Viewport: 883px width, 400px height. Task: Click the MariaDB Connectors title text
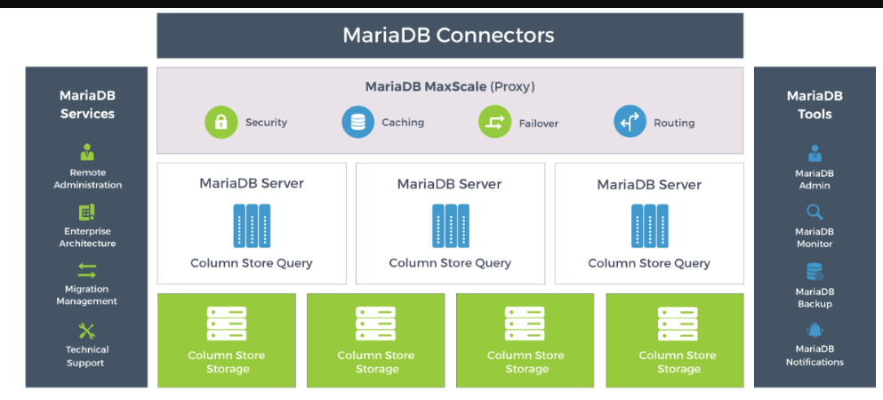(x=449, y=36)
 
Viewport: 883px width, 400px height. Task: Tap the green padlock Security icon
(x=221, y=122)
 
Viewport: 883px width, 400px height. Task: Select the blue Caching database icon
(x=357, y=122)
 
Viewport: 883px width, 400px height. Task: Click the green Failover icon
(x=494, y=122)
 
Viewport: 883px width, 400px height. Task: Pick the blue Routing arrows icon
(x=630, y=122)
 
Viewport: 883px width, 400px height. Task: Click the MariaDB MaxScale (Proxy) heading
(x=449, y=86)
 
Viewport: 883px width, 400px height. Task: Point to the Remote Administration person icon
(x=87, y=152)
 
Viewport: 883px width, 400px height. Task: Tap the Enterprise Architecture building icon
(x=87, y=212)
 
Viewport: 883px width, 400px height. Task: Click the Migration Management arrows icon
(x=87, y=270)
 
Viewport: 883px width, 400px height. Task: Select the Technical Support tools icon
(x=87, y=332)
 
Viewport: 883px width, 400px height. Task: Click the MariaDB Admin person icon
(x=815, y=154)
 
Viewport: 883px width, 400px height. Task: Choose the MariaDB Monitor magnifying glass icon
(x=815, y=212)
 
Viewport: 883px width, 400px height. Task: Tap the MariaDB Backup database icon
(x=815, y=271)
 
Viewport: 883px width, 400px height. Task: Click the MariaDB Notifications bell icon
(x=815, y=331)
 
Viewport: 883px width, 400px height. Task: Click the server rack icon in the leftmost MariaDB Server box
(x=252, y=226)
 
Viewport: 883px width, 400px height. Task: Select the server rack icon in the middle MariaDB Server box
(x=450, y=226)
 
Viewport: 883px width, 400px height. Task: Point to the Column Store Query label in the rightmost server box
(x=649, y=263)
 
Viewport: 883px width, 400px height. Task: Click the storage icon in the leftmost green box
(x=227, y=324)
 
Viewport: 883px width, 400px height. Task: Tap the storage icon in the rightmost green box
(x=678, y=324)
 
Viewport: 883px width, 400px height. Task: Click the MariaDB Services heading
(x=87, y=104)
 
